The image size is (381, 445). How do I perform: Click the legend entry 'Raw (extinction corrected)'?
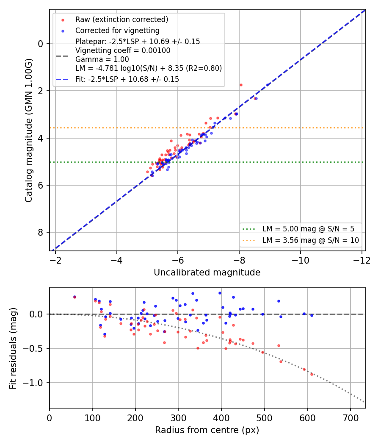pos(121,19)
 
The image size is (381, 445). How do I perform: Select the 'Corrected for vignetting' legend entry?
pos(117,31)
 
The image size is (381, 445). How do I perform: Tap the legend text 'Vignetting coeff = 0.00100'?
pos(123,50)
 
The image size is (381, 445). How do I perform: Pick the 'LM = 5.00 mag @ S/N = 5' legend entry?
pos(308,229)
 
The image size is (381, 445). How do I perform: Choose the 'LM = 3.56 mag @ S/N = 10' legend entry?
pos(310,240)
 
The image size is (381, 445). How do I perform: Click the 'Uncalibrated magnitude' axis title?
pos(207,273)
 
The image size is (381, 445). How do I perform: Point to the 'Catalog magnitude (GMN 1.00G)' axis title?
pos(28,131)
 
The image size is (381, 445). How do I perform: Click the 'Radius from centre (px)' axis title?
pos(207,430)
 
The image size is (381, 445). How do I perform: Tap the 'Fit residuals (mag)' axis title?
pos(13,348)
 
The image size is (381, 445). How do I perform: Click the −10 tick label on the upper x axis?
pos(301,260)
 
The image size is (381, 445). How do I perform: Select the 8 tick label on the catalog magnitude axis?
pos(41,232)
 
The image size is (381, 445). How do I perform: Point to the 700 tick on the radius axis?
pos(351,418)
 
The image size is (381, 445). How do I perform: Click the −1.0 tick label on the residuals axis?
pos(33,383)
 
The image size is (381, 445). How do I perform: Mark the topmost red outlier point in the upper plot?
pos(241,85)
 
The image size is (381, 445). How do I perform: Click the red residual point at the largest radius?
pos(312,374)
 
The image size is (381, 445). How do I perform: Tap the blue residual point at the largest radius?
pos(312,315)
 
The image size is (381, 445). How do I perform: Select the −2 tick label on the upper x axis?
pos(55,260)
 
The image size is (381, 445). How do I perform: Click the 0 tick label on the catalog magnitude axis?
pos(41,44)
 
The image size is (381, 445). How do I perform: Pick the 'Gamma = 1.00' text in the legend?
pos(102,59)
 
